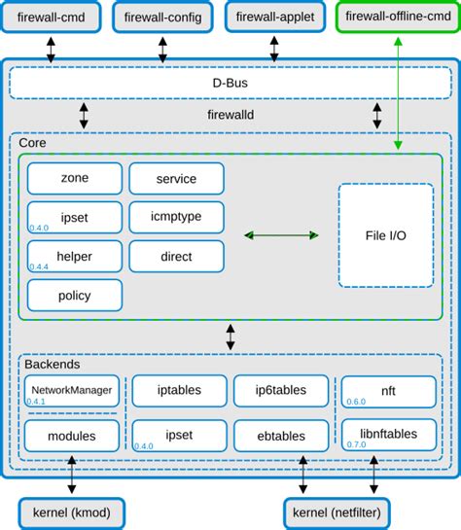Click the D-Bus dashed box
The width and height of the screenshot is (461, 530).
(x=230, y=84)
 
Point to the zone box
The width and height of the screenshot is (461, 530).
(x=75, y=179)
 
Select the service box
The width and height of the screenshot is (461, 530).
(x=176, y=179)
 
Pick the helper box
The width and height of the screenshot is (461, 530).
(x=75, y=257)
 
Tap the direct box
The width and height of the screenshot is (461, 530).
(x=176, y=257)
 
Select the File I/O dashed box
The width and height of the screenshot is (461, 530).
(x=386, y=235)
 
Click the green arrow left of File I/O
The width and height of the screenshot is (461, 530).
(x=281, y=235)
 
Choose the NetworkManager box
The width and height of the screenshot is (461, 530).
(x=71, y=391)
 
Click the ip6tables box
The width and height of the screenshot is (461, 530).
(x=280, y=390)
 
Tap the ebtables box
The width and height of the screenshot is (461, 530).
(x=280, y=435)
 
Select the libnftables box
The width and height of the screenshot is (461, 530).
(x=388, y=435)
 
